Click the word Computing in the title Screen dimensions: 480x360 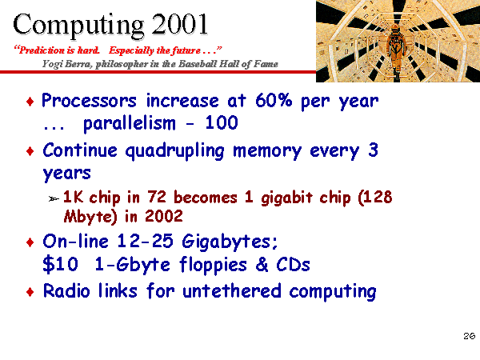pos(78,26)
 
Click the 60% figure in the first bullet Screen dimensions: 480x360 pos(274,100)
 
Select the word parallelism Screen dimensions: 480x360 pos(130,123)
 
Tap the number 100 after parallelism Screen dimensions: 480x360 pos(222,122)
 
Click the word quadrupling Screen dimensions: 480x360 pos(174,151)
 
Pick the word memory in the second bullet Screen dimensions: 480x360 pos(267,152)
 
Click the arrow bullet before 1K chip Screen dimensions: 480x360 pos(54,199)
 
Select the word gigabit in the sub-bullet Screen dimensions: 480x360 pos(287,198)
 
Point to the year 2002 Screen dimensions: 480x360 pos(164,216)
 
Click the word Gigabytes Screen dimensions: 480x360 pos(230,242)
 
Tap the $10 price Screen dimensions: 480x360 pos(60,264)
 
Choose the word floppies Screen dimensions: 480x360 pos(213,265)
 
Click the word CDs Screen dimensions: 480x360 pos(293,264)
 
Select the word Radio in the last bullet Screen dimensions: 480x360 pos(66,290)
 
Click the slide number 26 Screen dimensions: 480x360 pos(470,336)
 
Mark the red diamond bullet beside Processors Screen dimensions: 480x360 pos(30,102)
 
